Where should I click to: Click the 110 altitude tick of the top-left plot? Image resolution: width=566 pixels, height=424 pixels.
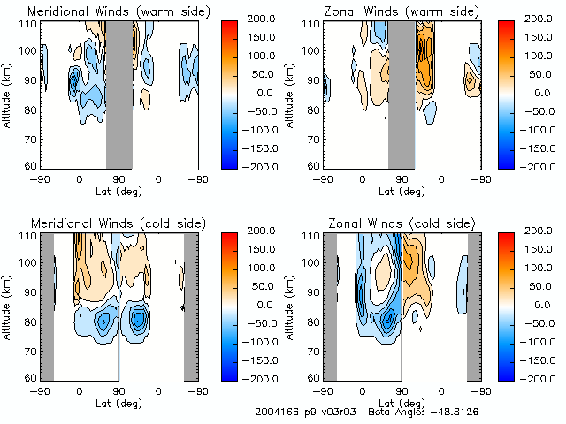click(28, 23)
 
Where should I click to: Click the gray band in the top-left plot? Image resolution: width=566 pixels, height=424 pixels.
click(119, 93)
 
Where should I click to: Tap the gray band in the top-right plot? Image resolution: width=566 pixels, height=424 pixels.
click(401, 93)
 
